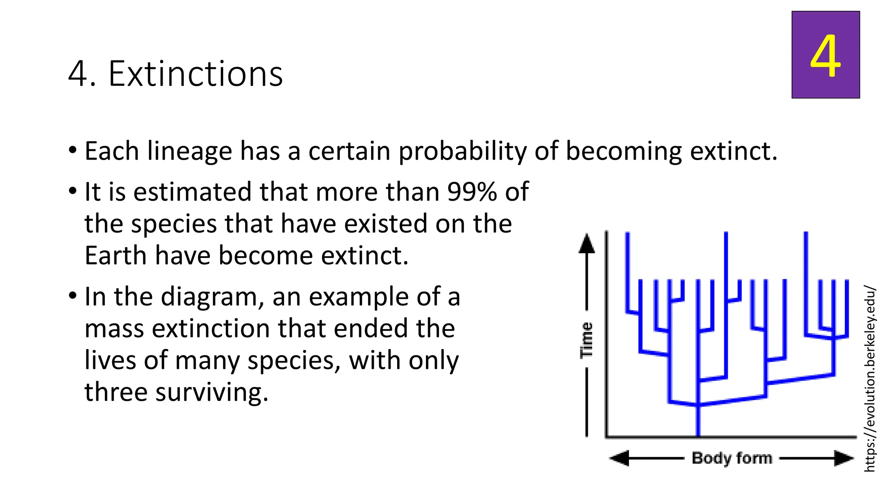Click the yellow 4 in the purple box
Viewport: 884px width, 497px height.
click(825, 56)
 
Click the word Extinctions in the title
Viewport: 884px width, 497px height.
click(196, 74)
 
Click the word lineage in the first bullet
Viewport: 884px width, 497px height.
click(190, 151)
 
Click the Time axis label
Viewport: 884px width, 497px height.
click(586, 340)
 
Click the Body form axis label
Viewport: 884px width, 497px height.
click(732, 458)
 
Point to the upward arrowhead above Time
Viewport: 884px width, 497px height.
click(586, 244)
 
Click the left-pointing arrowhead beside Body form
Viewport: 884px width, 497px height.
click(620, 458)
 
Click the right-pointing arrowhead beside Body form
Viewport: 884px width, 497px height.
click(843, 458)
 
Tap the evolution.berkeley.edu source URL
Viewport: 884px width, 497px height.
click(870, 379)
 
